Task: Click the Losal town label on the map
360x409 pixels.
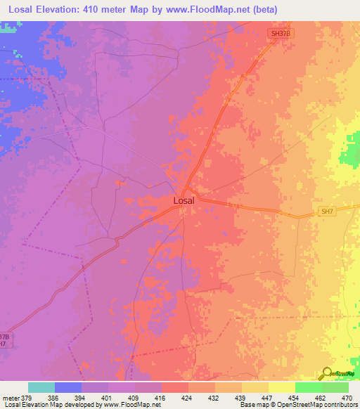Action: pyautogui.click(x=184, y=200)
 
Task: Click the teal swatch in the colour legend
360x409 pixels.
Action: pyautogui.click(x=41, y=387)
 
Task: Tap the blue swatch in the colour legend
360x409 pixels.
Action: pyautogui.click(x=68, y=387)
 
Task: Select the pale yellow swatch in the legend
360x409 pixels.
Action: pyautogui.click(x=281, y=387)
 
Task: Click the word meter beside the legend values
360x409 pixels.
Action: pyautogui.click(x=11, y=397)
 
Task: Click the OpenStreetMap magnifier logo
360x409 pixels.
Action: pyautogui.click(x=326, y=373)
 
